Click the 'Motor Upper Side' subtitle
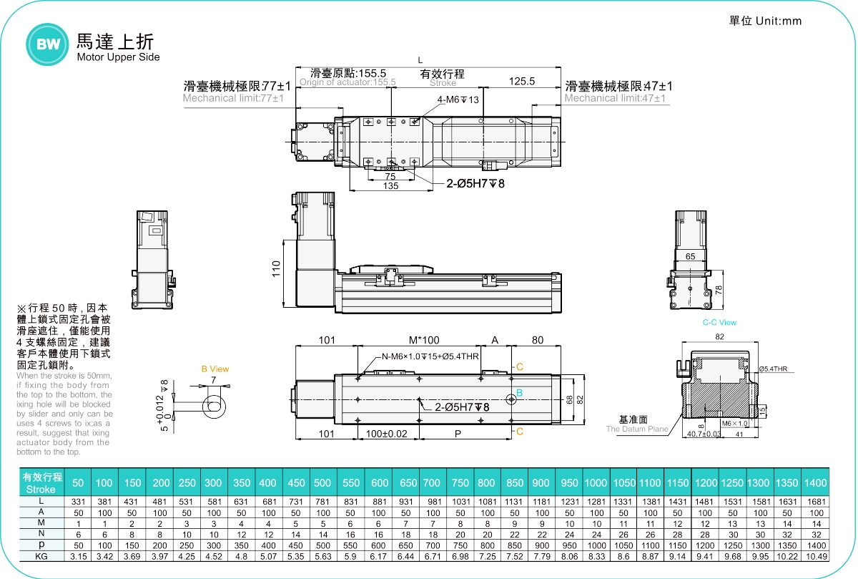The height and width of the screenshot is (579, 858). [x=118, y=57]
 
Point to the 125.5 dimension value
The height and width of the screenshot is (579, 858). [x=522, y=82]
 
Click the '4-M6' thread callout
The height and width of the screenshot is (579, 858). [x=458, y=99]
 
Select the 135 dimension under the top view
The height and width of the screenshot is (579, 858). [x=390, y=186]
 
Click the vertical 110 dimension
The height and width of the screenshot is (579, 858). [x=277, y=269]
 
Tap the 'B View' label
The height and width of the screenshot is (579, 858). [x=214, y=369]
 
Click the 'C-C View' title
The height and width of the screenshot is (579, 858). [x=719, y=323]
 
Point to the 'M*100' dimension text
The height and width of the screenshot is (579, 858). [x=424, y=340]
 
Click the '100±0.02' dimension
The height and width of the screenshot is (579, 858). [x=387, y=434]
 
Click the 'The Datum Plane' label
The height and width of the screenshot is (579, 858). [x=637, y=429]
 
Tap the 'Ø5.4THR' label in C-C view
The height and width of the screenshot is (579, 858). [x=773, y=369]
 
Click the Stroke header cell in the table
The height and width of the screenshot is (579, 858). [x=41, y=483]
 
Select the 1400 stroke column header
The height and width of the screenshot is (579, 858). [x=815, y=483]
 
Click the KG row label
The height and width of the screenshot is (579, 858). [x=41, y=556]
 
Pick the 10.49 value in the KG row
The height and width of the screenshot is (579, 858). [x=815, y=556]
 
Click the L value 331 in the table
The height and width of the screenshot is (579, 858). [x=78, y=502]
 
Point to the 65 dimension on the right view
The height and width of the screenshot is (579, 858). [x=690, y=256]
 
